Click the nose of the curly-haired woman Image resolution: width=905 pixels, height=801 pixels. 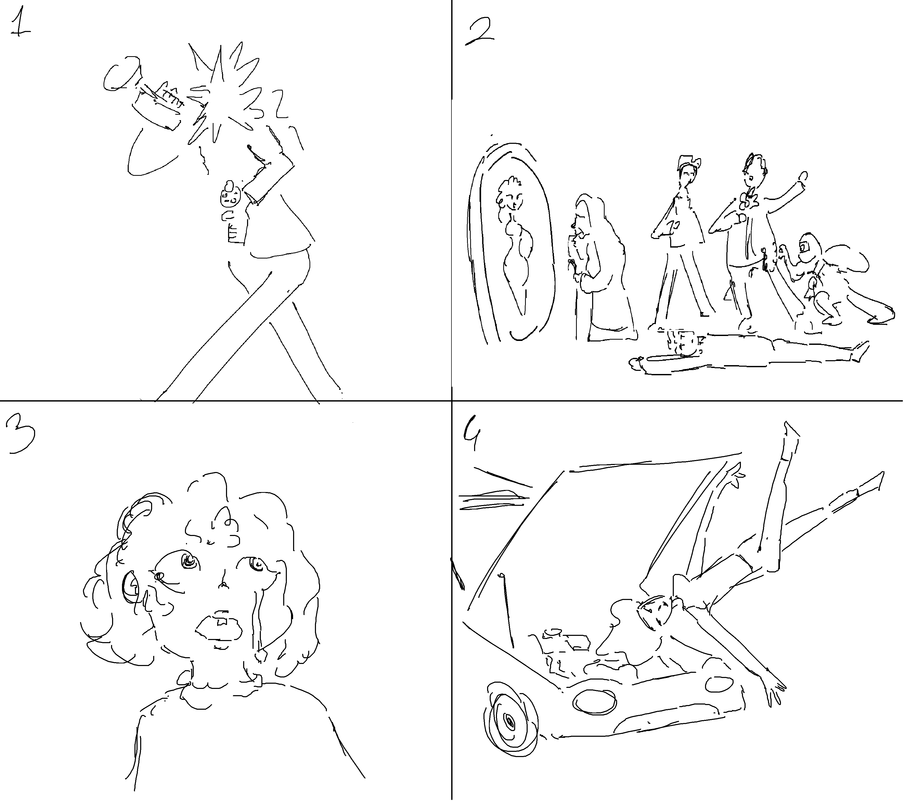tap(224, 584)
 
